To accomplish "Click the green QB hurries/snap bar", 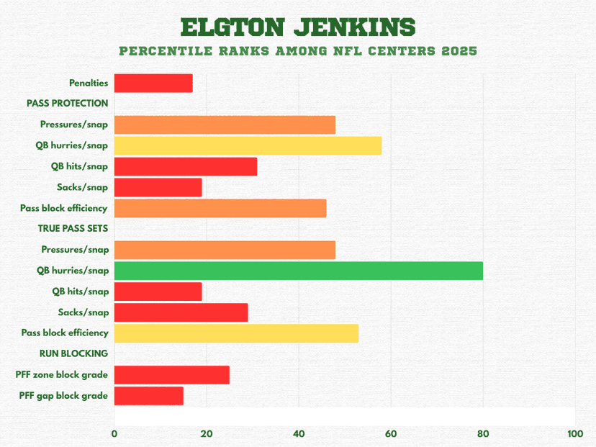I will (298, 271).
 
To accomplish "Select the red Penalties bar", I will (153, 83).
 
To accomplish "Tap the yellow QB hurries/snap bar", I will (248, 145).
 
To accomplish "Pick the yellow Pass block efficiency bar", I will (236, 333).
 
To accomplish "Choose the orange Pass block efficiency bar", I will (220, 209).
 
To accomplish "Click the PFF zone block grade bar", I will (172, 375).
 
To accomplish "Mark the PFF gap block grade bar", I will (149, 396).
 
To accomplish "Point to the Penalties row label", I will (89, 83).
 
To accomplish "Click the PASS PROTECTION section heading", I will (68, 104).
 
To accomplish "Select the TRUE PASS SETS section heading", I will (73, 229).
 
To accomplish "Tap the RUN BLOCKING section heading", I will (74, 353).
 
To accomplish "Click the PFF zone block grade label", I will (62, 375).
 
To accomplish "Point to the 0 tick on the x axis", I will (114, 434).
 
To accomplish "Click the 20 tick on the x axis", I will (207, 434).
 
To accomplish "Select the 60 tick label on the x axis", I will (391, 434).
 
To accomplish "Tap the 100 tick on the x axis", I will (574, 434).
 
